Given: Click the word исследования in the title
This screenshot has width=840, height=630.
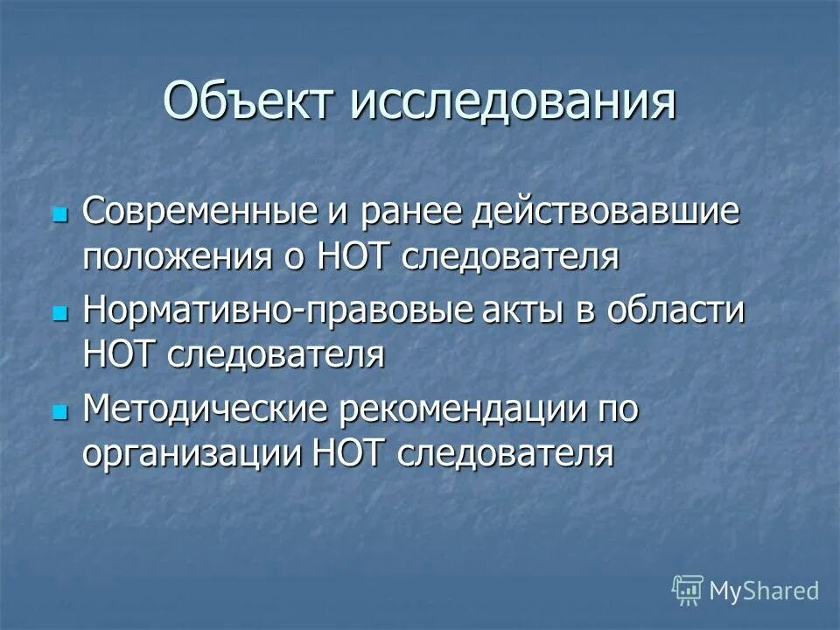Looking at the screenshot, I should point(514,102).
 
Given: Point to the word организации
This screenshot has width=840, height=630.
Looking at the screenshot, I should point(190,453).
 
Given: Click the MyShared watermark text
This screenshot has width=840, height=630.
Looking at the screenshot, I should point(764,591).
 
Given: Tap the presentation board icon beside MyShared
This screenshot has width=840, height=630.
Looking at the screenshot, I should point(687,591).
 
